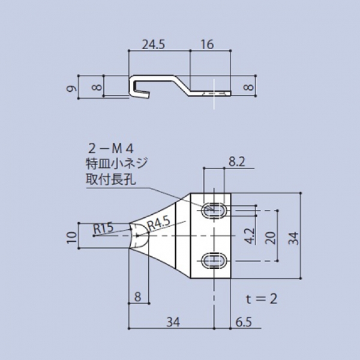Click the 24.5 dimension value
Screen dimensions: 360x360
coord(154,44)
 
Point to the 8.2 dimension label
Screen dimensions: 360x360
coord(237,161)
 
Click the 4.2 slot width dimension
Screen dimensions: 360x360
coord(251,235)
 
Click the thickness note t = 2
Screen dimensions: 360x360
coord(262,298)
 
